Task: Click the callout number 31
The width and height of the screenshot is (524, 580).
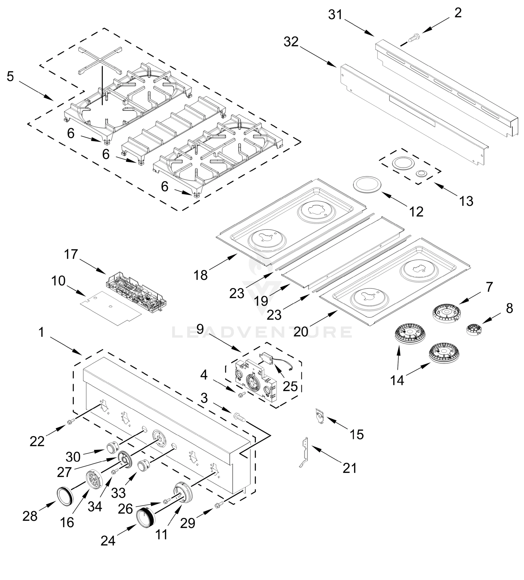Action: (x=335, y=15)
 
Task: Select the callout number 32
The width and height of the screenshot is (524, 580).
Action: (x=291, y=42)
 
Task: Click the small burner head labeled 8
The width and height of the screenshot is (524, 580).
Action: (x=474, y=329)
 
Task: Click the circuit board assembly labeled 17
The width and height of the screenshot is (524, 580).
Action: (x=136, y=291)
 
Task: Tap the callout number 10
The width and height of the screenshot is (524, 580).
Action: (x=58, y=281)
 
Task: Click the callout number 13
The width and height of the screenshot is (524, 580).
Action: (x=466, y=201)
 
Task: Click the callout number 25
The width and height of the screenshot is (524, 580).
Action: (x=290, y=386)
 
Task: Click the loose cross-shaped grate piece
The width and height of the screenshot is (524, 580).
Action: (x=101, y=59)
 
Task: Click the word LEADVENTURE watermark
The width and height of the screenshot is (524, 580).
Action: (x=262, y=332)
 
